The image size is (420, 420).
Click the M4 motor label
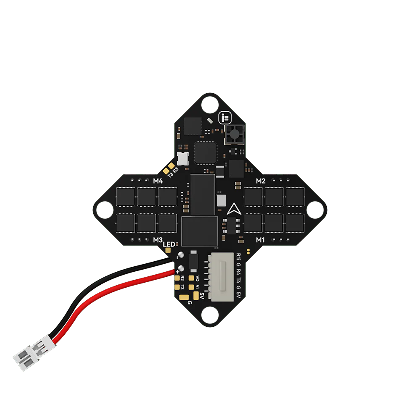tap(158, 181)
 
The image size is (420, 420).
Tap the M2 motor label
tap(260, 181)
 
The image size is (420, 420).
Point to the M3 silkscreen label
tap(158, 240)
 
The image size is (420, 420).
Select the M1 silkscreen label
tap(260, 240)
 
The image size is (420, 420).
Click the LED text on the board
tap(169, 244)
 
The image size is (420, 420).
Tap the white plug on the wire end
tap(34, 352)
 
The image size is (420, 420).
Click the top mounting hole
tap(210, 105)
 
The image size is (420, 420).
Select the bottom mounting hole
tap(210, 315)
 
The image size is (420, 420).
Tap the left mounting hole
tap(105, 210)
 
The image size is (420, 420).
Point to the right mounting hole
tap(315, 210)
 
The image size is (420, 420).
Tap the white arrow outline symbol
tap(234, 209)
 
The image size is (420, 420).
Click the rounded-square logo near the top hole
tap(225, 118)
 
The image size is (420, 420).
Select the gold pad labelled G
tap(184, 297)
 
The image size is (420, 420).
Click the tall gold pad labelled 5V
tap(196, 296)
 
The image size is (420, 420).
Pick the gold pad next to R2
tap(177, 278)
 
